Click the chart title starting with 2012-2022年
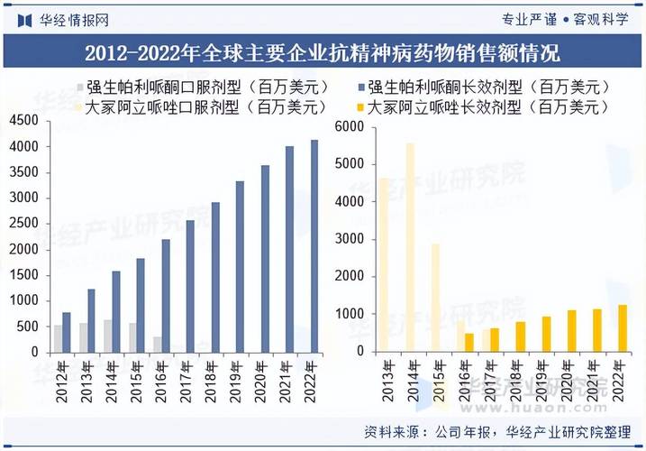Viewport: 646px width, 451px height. click(323, 52)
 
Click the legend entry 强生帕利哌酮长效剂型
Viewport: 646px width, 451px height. click(487, 87)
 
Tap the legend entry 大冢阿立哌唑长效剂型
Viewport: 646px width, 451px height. click(487, 106)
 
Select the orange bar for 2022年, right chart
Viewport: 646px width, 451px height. click(621, 328)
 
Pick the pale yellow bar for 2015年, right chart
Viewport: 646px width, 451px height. click(435, 298)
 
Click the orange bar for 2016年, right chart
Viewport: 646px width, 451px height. click(469, 343)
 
